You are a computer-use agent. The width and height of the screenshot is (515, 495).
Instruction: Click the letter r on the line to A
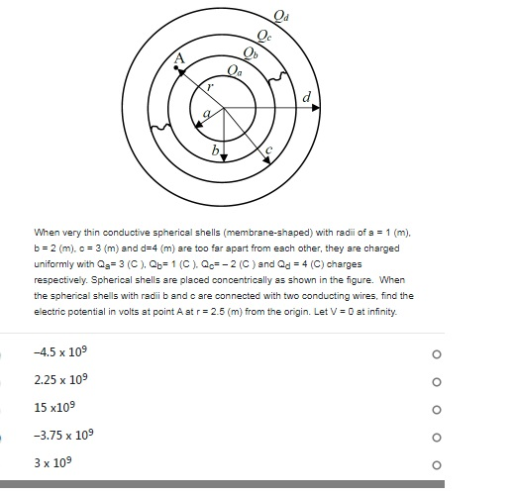(x=209, y=87)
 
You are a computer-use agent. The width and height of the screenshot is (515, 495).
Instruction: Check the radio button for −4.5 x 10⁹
(x=436, y=354)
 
